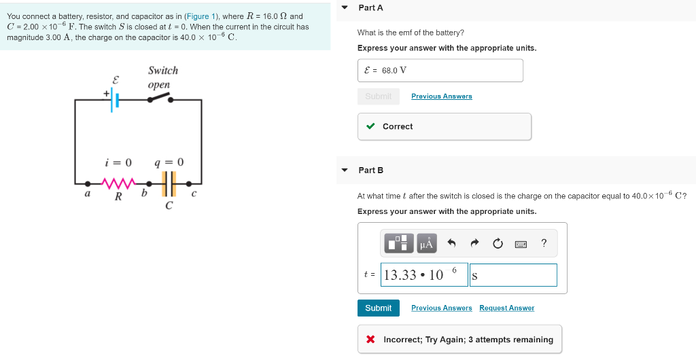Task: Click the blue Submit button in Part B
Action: [378, 308]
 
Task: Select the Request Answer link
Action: [506, 308]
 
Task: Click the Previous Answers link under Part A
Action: [441, 96]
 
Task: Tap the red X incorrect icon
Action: [370, 340]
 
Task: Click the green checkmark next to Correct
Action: [370, 126]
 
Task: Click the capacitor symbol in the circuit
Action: [169, 183]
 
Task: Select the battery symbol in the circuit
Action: [115, 100]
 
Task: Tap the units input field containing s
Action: [512, 275]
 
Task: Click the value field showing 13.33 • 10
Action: [424, 275]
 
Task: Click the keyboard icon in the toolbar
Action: [521, 243]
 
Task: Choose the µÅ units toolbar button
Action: [426, 243]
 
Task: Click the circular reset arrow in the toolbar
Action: [498, 243]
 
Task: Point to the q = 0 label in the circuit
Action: [169, 162]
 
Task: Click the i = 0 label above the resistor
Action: [118, 162]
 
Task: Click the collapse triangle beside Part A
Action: [345, 7]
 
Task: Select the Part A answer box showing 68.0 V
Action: [440, 71]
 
